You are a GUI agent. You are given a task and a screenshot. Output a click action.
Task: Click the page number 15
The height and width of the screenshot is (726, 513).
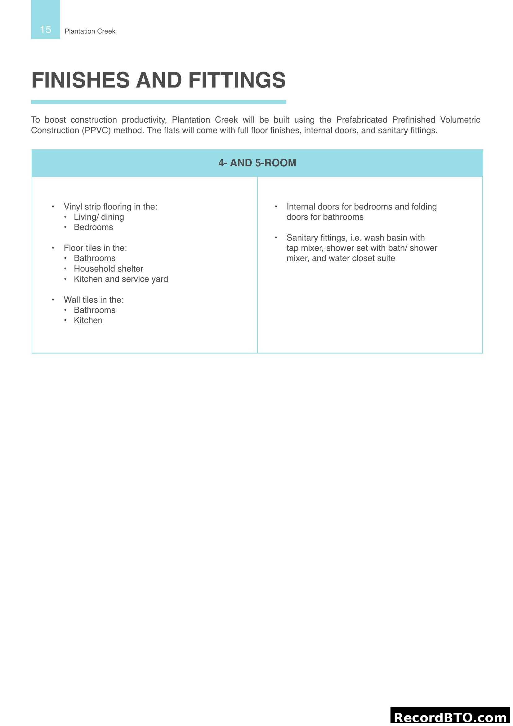[46, 29]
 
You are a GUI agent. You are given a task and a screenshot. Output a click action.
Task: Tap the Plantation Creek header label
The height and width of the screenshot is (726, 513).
[90, 31]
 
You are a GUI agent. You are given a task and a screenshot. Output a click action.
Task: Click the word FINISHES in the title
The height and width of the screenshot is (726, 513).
[81, 80]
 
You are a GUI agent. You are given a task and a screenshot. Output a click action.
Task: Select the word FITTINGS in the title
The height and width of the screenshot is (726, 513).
[237, 80]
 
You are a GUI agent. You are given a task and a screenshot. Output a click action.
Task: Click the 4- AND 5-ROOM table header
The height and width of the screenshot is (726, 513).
[257, 163]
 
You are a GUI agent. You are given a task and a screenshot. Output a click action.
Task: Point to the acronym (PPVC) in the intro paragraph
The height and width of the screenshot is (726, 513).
[96, 131]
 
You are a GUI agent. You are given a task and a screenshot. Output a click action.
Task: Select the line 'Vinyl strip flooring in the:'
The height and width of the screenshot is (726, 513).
[110, 207]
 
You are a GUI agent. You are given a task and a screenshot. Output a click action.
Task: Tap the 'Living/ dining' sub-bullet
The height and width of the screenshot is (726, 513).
[99, 217]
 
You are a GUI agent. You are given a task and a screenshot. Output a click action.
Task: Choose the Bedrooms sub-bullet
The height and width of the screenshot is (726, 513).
[93, 227]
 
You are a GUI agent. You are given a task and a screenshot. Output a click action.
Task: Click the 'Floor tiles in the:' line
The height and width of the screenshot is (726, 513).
[95, 248]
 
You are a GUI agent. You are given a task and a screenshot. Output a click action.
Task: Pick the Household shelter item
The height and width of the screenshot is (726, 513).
[108, 269]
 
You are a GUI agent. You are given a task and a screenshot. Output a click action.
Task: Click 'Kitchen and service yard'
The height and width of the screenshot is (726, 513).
[121, 279]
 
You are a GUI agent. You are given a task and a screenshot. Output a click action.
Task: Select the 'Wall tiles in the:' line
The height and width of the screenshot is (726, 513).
[93, 300]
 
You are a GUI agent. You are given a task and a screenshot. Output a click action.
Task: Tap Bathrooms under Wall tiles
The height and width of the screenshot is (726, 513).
[95, 310]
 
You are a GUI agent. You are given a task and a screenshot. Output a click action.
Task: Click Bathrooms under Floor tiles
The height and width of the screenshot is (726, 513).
[95, 258]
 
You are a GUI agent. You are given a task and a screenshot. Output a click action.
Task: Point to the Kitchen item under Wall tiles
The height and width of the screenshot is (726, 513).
[88, 320]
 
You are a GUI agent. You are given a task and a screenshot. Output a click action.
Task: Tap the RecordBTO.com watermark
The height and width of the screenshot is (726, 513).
[450, 717]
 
